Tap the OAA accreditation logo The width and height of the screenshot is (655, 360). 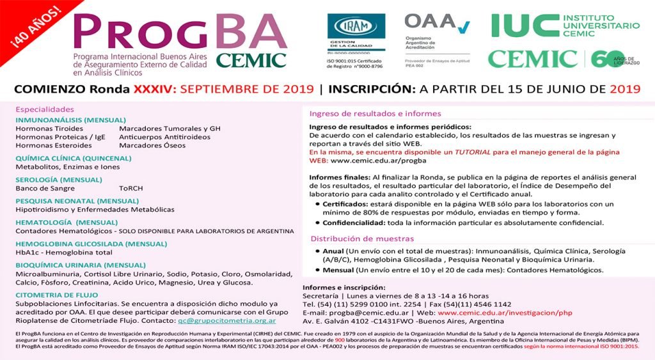tap(437, 24)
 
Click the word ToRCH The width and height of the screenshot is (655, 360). tap(130, 189)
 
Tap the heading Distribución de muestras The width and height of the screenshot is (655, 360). tap(359, 239)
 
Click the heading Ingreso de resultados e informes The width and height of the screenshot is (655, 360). tap(375, 114)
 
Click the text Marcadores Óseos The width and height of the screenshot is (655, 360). tap(152, 145)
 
